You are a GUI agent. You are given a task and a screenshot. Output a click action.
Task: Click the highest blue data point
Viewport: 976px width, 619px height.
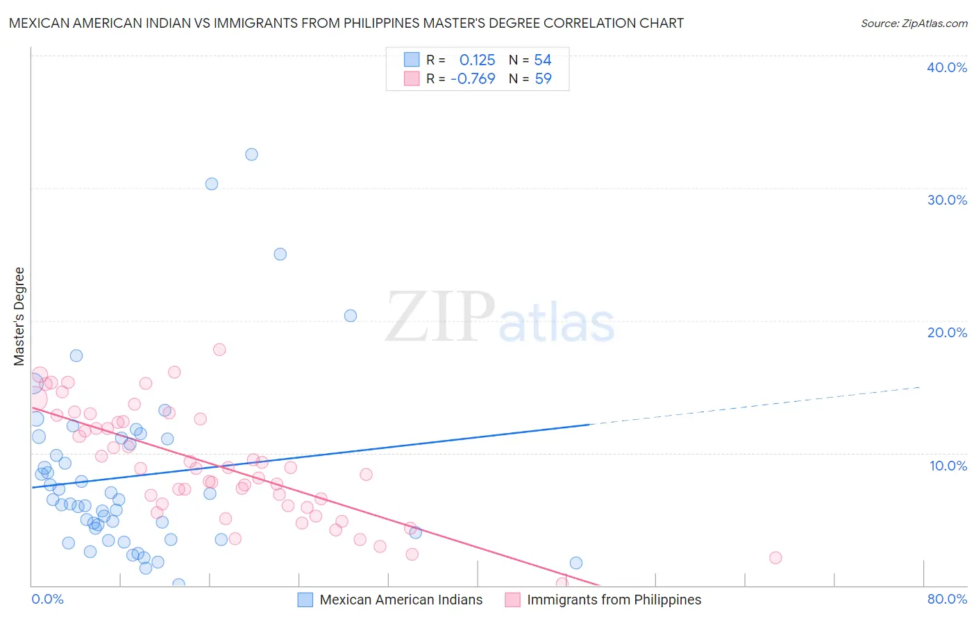coord(251,154)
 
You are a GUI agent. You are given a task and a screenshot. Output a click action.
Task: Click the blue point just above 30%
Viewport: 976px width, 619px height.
coord(212,184)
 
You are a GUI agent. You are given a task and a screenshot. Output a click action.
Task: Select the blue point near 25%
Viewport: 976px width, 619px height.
coord(280,254)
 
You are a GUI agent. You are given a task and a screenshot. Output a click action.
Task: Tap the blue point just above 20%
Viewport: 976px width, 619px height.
coord(351,316)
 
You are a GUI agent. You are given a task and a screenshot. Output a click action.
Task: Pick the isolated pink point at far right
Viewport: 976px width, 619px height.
coord(775,558)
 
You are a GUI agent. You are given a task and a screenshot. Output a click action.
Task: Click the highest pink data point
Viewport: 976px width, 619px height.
coord(219,350)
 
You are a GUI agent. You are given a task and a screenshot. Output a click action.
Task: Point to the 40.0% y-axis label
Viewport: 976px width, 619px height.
coord(946,67)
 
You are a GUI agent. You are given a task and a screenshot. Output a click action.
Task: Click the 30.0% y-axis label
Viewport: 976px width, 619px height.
coord(946,200)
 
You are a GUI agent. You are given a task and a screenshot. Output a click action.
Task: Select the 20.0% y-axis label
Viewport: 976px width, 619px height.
coord(946,332)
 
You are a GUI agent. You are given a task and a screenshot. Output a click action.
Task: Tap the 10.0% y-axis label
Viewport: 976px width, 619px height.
coord(948,466)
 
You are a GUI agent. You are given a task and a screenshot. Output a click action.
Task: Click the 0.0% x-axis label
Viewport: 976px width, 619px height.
coord(47,599)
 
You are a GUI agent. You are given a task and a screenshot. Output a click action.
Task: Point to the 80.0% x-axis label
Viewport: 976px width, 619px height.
coord(947,599)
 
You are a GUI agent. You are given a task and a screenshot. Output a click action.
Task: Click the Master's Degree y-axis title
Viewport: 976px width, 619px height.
coord(19,316)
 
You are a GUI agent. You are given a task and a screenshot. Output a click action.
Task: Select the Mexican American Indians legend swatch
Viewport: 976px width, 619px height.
coord(305,600)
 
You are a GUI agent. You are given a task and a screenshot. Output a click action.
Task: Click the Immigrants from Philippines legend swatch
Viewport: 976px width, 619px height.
coord(512,600)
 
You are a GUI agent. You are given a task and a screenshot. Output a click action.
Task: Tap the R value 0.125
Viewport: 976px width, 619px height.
coord(477,60)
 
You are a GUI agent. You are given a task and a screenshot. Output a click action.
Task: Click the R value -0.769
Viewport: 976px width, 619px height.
coord(473,78)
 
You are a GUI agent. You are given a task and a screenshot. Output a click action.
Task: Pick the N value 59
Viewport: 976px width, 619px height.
coord(543,78)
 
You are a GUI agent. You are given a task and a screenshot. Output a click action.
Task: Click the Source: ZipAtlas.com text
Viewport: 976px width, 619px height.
coord(914,24)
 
